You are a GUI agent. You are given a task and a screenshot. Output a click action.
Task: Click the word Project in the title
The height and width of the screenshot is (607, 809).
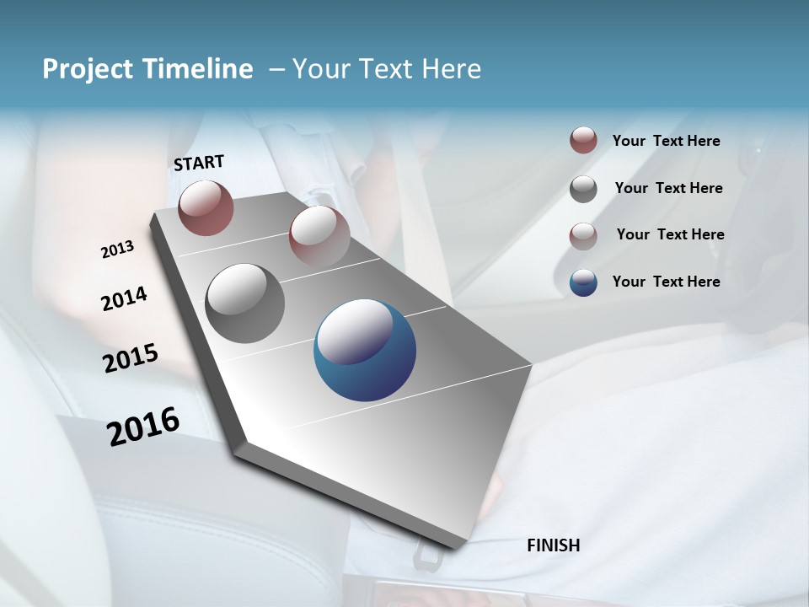click(88, 69)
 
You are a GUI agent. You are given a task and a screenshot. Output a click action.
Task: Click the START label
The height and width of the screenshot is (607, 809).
click(199, 163)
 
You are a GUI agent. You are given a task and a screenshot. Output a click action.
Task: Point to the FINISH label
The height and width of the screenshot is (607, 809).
click(553, 545)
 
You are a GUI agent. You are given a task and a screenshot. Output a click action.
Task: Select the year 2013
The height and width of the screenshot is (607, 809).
click(117, 250)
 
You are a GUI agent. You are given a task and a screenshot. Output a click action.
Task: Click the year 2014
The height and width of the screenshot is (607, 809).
click(124, 299)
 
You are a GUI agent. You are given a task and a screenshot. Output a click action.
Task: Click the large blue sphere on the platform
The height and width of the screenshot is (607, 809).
click(365, 350)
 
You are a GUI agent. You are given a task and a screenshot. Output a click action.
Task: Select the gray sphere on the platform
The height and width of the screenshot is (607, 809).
click(244, 303)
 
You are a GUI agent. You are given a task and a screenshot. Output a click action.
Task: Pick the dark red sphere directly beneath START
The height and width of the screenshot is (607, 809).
click(206, 207)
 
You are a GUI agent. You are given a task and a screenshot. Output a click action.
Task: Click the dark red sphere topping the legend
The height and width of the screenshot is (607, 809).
click(583, 141)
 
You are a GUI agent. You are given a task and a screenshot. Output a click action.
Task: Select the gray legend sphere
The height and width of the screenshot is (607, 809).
click(583, 189)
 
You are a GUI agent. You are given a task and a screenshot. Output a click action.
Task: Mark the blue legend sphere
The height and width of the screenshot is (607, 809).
click(583, 282)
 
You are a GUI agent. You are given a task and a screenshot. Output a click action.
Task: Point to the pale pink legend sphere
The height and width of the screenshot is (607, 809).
click(583, 236)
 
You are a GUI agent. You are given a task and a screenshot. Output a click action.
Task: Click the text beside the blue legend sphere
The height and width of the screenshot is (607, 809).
click(666, 282)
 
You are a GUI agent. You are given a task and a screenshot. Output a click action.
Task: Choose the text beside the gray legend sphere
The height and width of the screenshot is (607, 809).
click(668, 188)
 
